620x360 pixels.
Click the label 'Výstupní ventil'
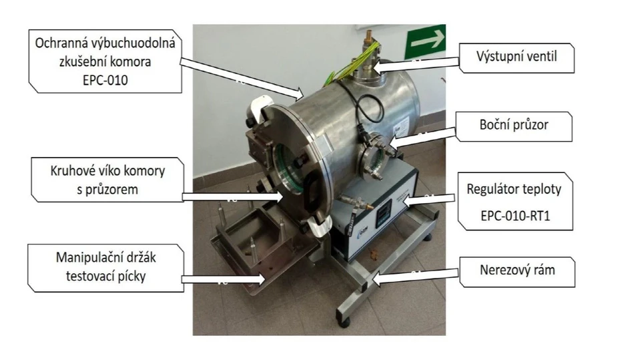point(517,57)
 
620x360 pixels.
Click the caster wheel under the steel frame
point(344,323)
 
